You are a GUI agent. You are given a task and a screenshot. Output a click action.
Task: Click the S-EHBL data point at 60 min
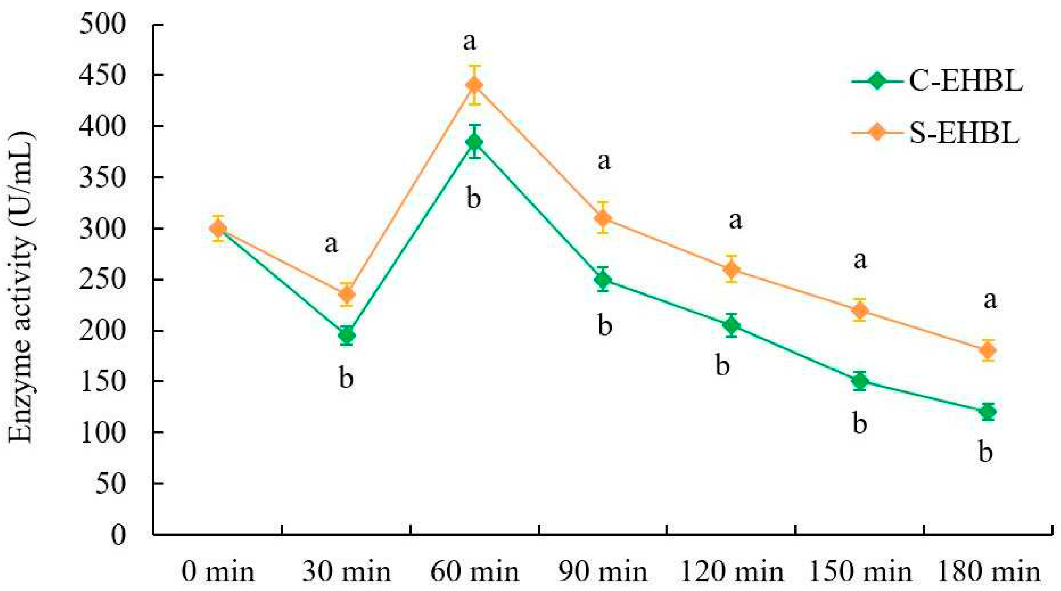tap(474, 85)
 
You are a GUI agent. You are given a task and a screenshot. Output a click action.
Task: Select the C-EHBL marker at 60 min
tap(474, 142)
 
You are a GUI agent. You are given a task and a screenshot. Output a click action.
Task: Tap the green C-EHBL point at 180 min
tap(988, 411)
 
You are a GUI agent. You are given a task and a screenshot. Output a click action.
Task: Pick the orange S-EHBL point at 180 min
tap(988, 350)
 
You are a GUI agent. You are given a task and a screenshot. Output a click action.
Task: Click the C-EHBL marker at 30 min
tap(346, 335)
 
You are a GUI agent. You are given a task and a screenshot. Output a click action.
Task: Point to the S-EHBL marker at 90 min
tap(603, 218)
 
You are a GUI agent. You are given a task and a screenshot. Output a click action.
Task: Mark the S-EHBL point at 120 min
tap(731, 269)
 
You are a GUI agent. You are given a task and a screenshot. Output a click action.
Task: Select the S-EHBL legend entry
tap(943, 133)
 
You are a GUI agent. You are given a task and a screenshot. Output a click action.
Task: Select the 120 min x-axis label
tap(731, 572)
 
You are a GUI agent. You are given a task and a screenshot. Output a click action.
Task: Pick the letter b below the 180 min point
tap(985, 452)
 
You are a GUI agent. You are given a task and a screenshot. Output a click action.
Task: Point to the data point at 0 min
tap(218, 228)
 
